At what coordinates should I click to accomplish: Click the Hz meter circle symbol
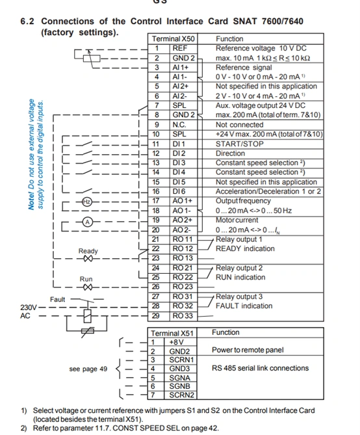click(x=87, y=202)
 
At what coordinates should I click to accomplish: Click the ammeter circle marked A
click(x=87, y=222)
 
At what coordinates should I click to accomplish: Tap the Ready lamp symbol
click(x=88, y=259)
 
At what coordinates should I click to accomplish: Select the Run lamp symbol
click(x=88, y=287)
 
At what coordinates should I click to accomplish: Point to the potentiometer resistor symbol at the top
click(x=92, y=59)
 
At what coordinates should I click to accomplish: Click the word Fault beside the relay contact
click(x=57, y=299)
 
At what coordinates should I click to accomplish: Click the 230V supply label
click(x=29, y=308)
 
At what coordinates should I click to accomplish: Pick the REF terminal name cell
click(x=183, y=49)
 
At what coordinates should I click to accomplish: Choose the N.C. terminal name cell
click(x=183, y=125)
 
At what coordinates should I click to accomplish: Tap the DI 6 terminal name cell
click(x=183, y=191)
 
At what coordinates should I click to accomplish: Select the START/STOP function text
click(x=240, y=144)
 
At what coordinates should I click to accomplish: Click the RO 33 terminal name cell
click(x=183, y=316)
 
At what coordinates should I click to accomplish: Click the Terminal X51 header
click(x=172, y=333)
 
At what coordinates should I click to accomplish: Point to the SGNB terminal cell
click(x=181, y=386)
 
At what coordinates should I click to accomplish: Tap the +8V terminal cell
click(x=181, y=342)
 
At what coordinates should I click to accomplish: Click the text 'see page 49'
click(x=88, y=369)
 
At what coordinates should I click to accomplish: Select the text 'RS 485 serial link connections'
click(x=260, y=368)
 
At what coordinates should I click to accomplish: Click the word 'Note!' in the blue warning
click(x=31, y=200)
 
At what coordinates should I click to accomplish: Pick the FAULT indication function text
click(x=244, y=306)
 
